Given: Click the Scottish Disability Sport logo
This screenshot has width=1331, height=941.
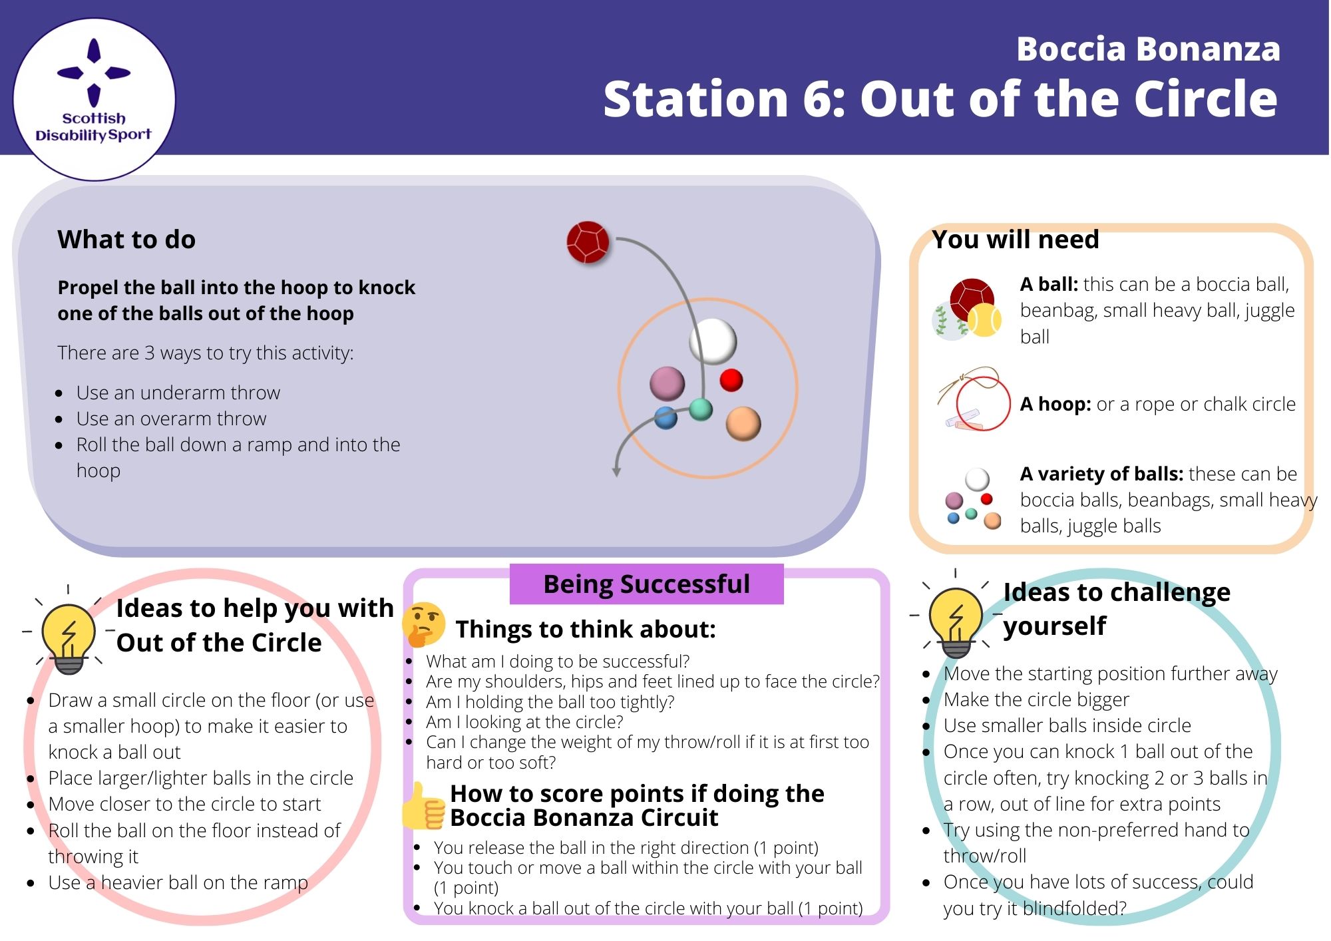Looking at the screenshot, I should (94, 98).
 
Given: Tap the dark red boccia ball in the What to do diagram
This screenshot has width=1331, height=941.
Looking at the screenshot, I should (588, 242).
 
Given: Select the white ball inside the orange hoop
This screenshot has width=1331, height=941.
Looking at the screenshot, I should (713, 341).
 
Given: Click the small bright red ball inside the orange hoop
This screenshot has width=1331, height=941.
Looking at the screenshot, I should (731, 380).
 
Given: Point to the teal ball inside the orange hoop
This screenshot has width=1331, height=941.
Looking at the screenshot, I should (700, 409).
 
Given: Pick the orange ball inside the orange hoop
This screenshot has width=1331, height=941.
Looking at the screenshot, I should (743, 423).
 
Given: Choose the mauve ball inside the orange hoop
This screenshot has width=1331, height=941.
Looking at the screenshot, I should (667, 383).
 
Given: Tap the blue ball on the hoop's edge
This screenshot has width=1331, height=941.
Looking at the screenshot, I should (665, 418).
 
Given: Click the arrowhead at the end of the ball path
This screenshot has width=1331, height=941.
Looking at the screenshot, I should (616, 471).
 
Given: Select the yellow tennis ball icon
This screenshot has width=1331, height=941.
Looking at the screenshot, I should (984, 320).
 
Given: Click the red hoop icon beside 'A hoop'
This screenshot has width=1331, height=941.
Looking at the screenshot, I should (982, 403).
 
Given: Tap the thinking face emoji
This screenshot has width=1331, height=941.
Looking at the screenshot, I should (423, 624).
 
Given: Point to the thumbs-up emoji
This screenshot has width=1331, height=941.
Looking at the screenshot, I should (423, 807).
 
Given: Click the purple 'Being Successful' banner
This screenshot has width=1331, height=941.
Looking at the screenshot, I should (646, 584).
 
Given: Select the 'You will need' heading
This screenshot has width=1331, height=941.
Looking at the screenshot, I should (1016, 240).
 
